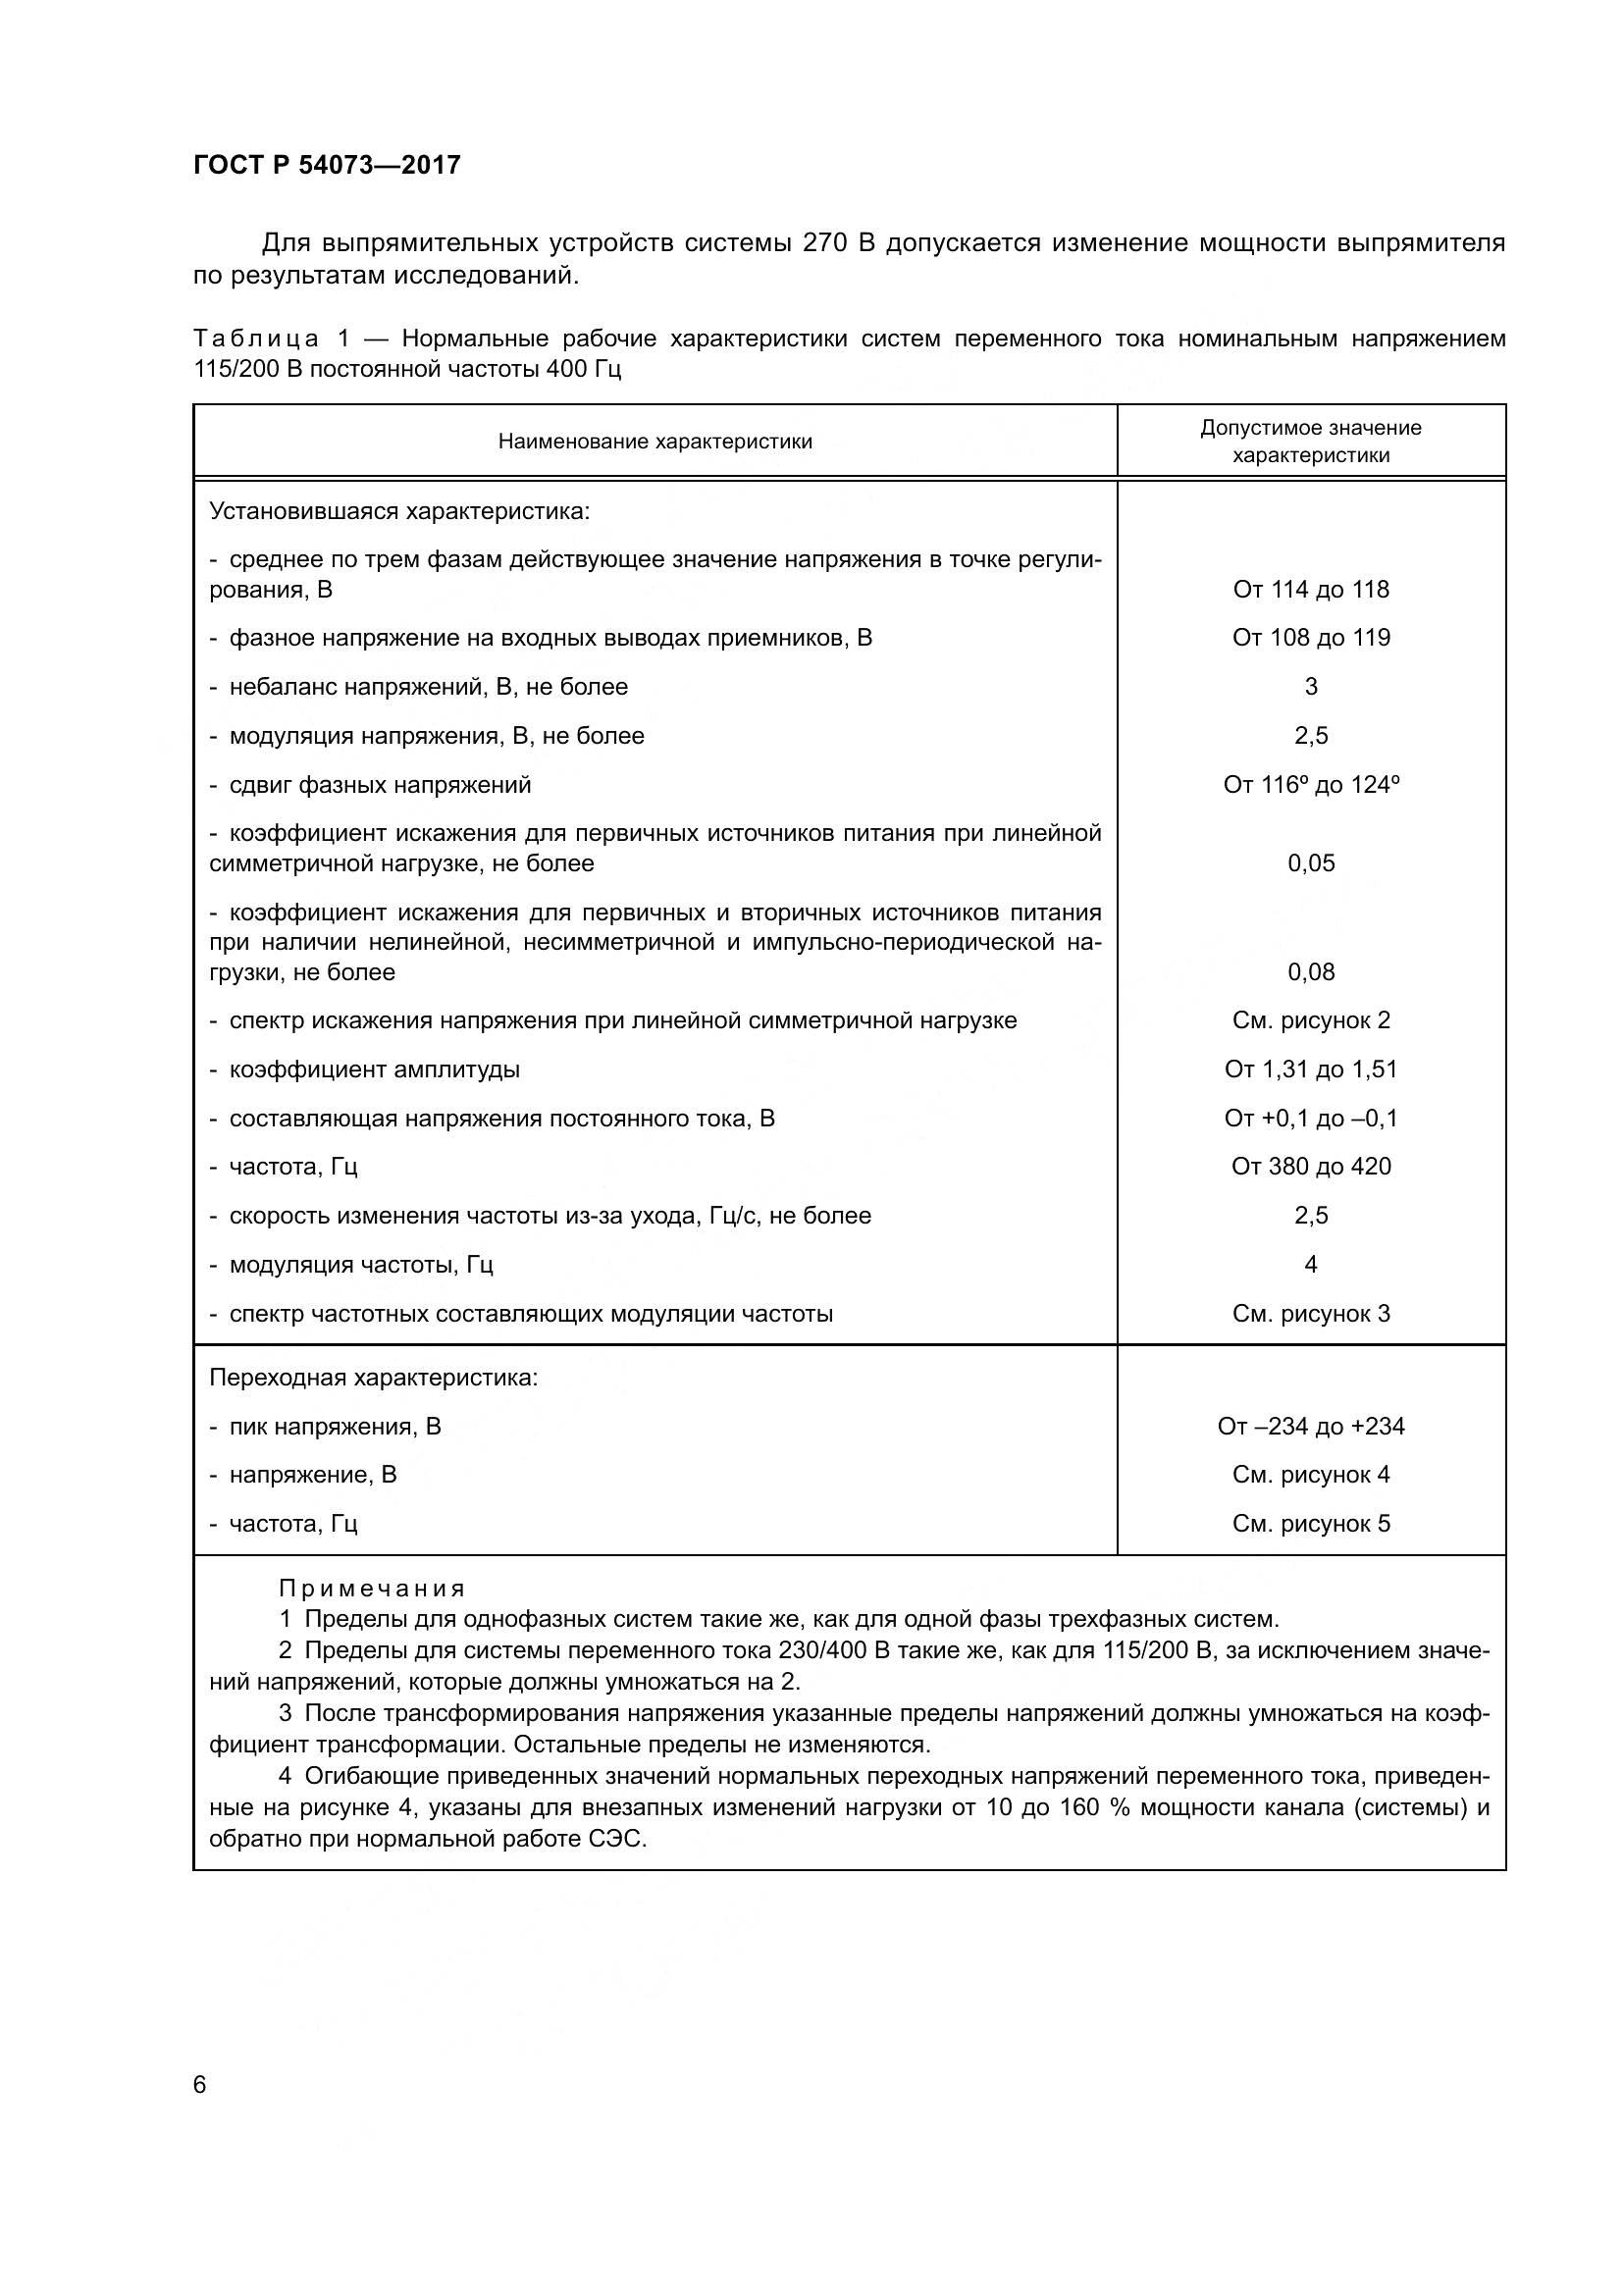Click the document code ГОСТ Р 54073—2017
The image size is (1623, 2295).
click(327, 165)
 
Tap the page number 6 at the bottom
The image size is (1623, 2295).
click(200, 2084)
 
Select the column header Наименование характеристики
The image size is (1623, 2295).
click(654, 442)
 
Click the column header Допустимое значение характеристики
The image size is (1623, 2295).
click(1310, 442)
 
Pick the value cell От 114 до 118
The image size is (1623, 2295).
click(1310, 590)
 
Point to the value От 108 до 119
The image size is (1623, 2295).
click(1310, 638)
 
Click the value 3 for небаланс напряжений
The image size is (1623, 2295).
click(1310, 687)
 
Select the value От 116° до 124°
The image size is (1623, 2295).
click(1310, 785)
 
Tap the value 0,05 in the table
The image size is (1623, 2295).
click(1310, 863)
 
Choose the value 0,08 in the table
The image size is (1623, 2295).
click(1310, 971)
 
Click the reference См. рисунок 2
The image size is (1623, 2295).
click(1310, 1020)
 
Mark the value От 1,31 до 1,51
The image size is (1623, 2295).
click(1310, 1069)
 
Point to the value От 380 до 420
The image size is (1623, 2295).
click(1310, 1167)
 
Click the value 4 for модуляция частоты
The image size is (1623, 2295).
click(1310, 1265)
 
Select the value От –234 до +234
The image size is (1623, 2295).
click(1310, 1427)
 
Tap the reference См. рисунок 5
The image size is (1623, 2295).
click(1310, 1524)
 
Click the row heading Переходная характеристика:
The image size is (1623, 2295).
click(374, 1378)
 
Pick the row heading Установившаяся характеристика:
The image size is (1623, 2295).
click(399, 512)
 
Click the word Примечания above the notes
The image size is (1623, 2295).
click(372, 1589)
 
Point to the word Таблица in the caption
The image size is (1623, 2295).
click(256, 339)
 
